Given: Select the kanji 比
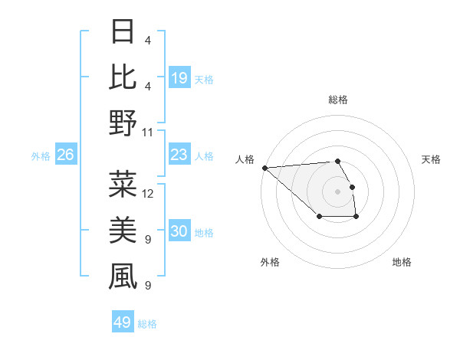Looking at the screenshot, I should point(123,77).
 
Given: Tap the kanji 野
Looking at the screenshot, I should point(123,123).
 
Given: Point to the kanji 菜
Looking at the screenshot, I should point(123,184).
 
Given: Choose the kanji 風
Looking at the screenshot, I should point(123,277).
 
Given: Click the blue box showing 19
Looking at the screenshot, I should point(179,77).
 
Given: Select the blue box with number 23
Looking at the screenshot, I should point(179,155).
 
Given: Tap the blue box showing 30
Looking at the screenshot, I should point(179,231).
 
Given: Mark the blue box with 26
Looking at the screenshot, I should point(66,155).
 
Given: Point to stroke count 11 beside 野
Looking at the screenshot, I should point(148,132).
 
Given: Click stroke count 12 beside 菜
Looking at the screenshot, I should point(148,193).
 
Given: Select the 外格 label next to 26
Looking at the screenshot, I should point(41,155).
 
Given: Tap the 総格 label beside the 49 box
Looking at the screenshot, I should point(147,324).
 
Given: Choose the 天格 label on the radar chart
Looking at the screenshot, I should point(432,159).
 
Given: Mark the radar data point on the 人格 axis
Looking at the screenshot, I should point(264,168).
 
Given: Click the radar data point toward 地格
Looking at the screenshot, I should point(356,218).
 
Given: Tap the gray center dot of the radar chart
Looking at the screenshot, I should point(337,191).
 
